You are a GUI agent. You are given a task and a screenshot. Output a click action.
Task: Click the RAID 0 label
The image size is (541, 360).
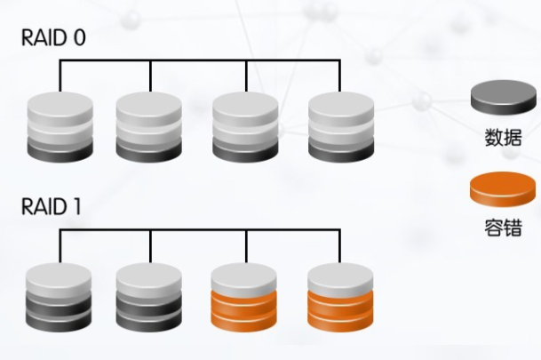55,39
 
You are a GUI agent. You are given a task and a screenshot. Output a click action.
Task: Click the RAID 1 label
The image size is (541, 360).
52,207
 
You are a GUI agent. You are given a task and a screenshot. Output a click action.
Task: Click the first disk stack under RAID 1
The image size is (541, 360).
60,296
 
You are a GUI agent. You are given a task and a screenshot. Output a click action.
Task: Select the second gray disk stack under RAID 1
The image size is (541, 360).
149,296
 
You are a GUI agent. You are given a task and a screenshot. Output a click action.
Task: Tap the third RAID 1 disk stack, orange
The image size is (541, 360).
245,296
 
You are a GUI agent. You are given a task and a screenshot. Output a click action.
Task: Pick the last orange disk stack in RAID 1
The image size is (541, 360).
341,296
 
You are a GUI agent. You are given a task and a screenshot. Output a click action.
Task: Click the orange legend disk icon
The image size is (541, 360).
503,190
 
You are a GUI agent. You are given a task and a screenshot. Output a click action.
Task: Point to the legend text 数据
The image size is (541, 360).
503,138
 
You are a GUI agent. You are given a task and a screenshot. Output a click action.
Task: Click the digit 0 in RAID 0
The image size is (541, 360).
80,39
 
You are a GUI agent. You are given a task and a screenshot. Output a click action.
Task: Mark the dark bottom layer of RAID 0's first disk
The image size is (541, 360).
60,152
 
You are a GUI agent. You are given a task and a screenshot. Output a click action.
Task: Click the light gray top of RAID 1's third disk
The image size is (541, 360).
245,274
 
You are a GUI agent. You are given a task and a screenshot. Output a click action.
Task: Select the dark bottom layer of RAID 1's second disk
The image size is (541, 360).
149,322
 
